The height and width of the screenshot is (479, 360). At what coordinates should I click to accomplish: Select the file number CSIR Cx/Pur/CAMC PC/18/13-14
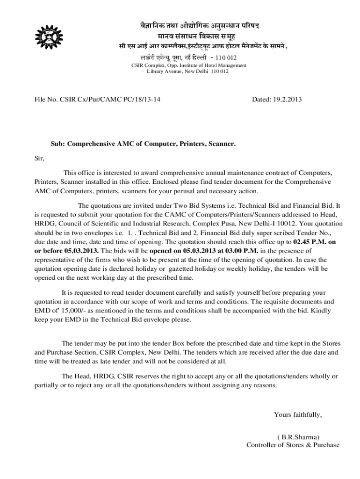point(94,100)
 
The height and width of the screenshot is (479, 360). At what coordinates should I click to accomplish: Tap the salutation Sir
point(39,159)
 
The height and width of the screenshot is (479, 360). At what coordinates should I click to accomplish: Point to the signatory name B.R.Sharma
point(298,436)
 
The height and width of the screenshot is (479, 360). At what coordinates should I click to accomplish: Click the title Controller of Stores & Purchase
point(293,445)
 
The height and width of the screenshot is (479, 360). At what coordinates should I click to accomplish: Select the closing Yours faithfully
point(298,414)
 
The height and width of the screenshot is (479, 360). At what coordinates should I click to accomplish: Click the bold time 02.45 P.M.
point(309,242)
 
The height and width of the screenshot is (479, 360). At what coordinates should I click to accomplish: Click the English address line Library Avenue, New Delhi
point(187,72)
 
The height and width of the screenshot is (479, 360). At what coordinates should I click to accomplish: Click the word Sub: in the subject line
point(58,144)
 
